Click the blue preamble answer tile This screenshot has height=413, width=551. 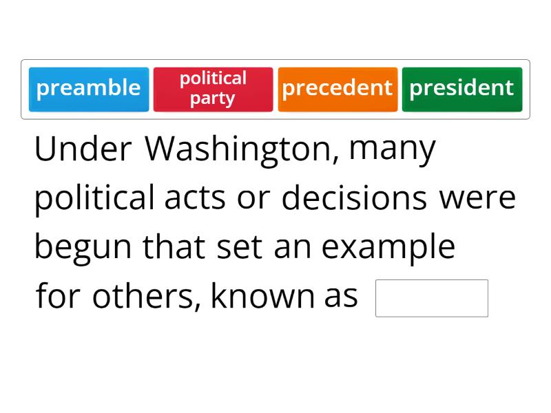point(89,89)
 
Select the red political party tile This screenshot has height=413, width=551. point(213,89)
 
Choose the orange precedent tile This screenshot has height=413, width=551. point(337,89)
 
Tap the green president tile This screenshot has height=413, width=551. point(462,89)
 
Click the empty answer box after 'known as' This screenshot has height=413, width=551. point(431,298)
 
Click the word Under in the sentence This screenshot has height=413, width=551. point(83,149)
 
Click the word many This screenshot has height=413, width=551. point(393,149)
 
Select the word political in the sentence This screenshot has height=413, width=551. point(94,199)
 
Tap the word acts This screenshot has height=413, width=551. point(195,199)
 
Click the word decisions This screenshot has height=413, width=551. point(354,199)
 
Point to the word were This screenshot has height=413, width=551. point(478,199)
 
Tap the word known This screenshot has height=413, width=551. point(262,297)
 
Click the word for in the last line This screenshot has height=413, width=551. point(59,297)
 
